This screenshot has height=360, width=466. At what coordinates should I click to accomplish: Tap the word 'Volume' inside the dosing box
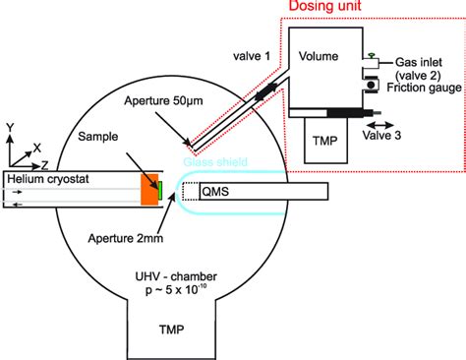click(x=319, y=56)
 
